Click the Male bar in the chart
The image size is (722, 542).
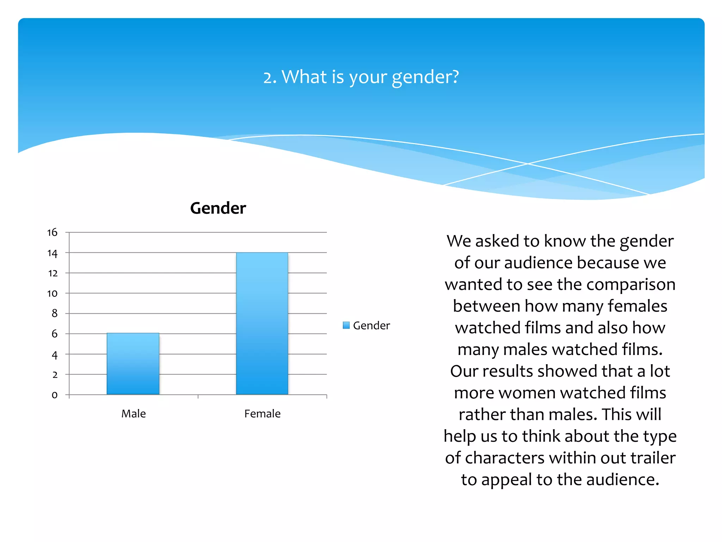coord(133,363)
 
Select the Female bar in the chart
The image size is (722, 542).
coord(262,323)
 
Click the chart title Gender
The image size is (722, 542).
coord(218,208)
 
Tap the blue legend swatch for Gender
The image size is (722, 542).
coord(346,325)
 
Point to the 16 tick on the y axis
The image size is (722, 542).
coord(52,233)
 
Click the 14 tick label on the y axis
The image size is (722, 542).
coord(52,253)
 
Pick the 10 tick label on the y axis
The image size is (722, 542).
coord(52,294)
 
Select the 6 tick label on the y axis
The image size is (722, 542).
coord(54,334)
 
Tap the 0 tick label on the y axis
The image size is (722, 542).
coord(54,395)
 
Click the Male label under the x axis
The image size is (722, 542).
coord(133,414)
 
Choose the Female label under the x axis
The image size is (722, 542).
coord(262,414)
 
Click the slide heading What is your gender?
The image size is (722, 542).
coord(361,77)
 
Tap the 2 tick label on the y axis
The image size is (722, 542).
coord(55,375)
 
